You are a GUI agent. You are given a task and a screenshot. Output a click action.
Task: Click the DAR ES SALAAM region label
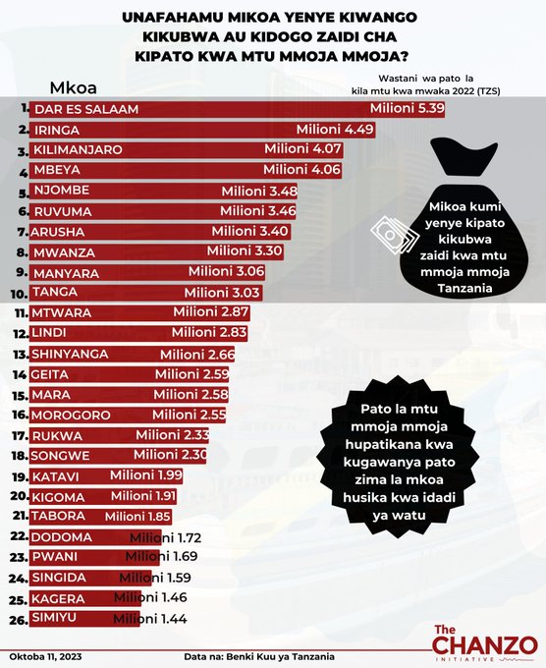tap(86, 109)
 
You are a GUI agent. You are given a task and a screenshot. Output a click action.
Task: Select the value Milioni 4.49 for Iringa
tap(335, 129)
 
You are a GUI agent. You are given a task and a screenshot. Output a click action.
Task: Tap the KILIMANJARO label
tap(78, 149)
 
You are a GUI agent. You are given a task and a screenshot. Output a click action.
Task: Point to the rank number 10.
tap(20, 294)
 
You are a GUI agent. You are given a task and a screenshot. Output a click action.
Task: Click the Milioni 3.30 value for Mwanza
tap(245, 250)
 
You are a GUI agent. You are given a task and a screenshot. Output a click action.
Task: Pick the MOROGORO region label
tap(71, 415)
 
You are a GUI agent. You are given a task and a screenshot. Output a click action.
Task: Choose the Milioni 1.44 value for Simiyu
tap(150, 619)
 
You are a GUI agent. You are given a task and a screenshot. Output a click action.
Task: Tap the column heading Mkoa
tap(74, 87)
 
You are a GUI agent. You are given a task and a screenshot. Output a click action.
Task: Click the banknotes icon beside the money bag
tap(395, 235)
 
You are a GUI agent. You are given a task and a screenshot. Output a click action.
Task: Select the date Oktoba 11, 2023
tap(45, 656)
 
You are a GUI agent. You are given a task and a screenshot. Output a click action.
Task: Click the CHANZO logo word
tap(485, 645)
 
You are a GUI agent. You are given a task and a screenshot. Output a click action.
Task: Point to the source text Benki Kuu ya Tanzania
tap(280, 656)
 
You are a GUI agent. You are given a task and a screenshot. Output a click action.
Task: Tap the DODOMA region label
tap(61, 537)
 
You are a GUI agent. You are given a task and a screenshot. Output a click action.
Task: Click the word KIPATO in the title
tap(163, 56)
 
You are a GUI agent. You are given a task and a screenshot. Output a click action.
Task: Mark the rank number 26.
tap(19, 620)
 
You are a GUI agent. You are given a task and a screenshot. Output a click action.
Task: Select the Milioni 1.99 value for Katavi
tap(146, 475)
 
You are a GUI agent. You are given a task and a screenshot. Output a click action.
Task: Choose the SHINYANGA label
tap(70, 354)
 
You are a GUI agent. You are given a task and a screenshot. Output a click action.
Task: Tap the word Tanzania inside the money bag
tap(464, 289)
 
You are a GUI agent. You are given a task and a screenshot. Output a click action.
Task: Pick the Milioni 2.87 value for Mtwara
tap(211, 311)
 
